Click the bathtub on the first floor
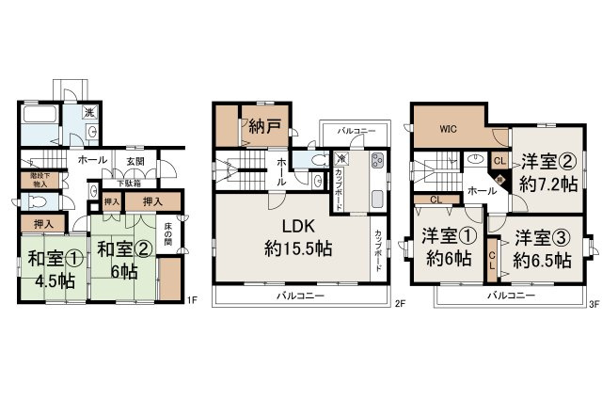point(40,120)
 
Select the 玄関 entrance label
point(135,161)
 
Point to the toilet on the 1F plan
point(37,201)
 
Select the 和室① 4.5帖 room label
point(47,270)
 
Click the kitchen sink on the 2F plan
point(375,200)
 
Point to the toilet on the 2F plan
point(319,179)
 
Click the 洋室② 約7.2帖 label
point(543,170)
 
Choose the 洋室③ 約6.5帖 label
point(542,248)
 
